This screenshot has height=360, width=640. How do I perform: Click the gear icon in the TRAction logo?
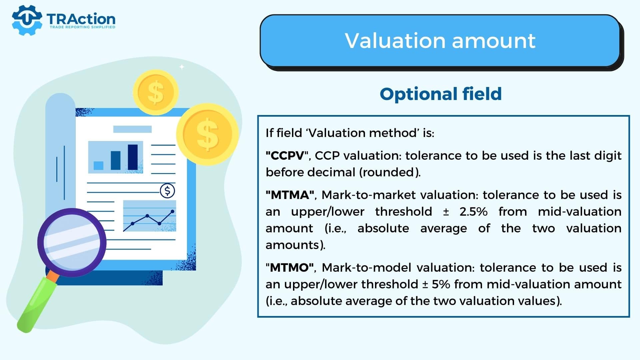click(27, 20)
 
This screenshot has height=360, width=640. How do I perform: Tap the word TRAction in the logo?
click(81, 19)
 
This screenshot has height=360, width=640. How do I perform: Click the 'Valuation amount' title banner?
click(440, 41)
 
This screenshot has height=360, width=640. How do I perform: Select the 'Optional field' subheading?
click(441, 94)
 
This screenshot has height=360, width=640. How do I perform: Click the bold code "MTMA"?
click(290, 195)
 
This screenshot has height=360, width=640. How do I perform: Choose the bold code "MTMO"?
click(290, 267)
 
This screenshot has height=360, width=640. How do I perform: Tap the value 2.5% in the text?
click(473, 212)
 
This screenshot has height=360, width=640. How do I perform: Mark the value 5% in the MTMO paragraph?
click(441, 284)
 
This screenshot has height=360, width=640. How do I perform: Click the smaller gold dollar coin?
click(156, 92)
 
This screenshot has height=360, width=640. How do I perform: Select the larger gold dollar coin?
click(207, 134)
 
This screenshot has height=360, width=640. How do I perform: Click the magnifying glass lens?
click(72, 242)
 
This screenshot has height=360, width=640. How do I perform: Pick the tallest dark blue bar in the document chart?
click(133, 157)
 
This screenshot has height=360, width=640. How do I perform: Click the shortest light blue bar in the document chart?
click(99, 166)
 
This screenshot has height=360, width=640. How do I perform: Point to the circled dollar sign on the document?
click(167, 191)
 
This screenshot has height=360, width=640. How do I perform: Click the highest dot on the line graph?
click(172, 212)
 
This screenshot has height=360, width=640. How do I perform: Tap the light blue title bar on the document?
click(132, 129)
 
